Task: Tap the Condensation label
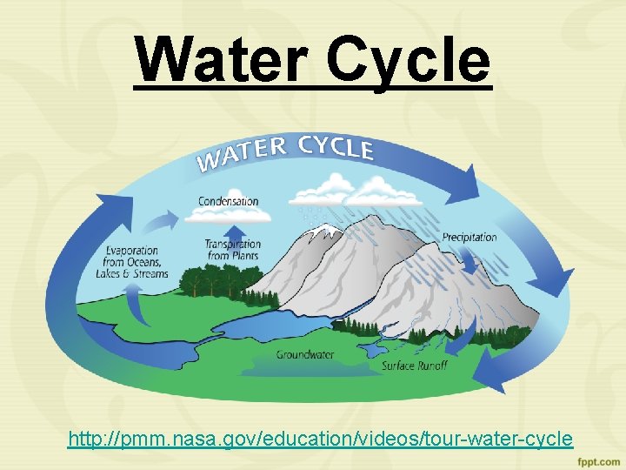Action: [229, 201]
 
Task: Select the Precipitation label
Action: [469, 237]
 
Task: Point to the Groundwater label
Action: [305, 354]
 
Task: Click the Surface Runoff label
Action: [415, 366]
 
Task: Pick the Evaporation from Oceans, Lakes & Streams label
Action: [132, 262]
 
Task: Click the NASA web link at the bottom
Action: [320, 438]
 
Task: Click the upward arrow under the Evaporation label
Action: [132, 304]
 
